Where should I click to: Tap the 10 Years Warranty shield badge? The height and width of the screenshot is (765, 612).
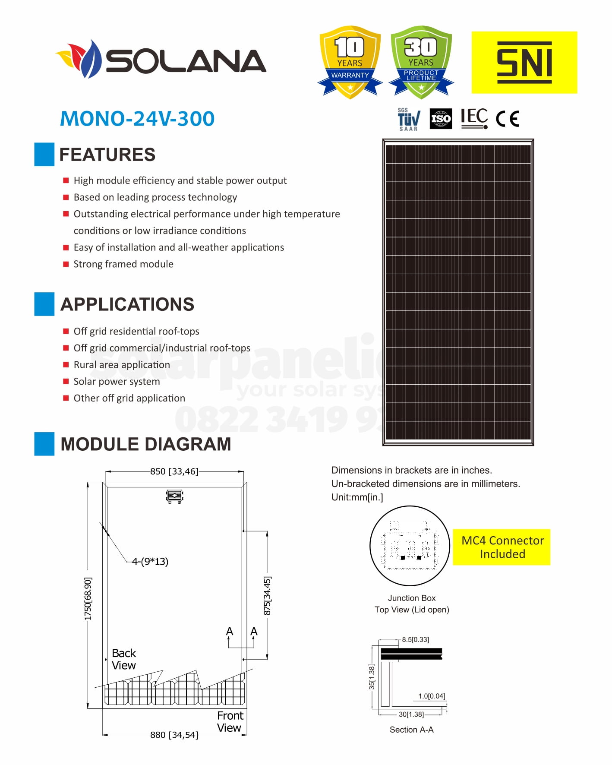pyautogui.click(x=350, y=62)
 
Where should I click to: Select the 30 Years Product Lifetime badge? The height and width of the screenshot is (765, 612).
pyautogui.click(x=421, y=62)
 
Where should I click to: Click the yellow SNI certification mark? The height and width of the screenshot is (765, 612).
pyautogui.click(x=524, y=62)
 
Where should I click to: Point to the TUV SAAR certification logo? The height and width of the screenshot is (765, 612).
pyautogui.click(x=408, y=120)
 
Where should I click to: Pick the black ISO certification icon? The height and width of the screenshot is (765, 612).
pyautogui.click(x=441, y=119)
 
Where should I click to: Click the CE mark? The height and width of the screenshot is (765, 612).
pyautogui.click(x=507, y=119)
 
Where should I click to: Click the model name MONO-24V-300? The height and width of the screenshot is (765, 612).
pyautogui.click(x=137, y=119)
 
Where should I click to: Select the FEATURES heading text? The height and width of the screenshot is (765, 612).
pyautogui.click(x=107, y=155)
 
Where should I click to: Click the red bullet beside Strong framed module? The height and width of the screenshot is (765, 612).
pyautogui.click(x=66, y=264)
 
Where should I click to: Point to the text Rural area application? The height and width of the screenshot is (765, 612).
pyautogui.click(x=122, y=365)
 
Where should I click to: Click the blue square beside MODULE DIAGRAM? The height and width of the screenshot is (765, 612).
pyautogui.click(x=44, y=444)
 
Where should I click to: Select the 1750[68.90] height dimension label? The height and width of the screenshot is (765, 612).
pyautogui.click(x=88, y=598)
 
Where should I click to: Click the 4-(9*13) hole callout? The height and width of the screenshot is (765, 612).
pyautogui.click(x=150, y=561)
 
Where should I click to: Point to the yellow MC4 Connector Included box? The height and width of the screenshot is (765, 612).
pyautogui.click(x=502, y=547)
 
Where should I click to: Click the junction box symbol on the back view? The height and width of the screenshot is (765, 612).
pyautogui.click(x=175, y=496)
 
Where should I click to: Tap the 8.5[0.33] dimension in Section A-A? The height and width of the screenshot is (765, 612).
pyautogui.click(x=415, y=639)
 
